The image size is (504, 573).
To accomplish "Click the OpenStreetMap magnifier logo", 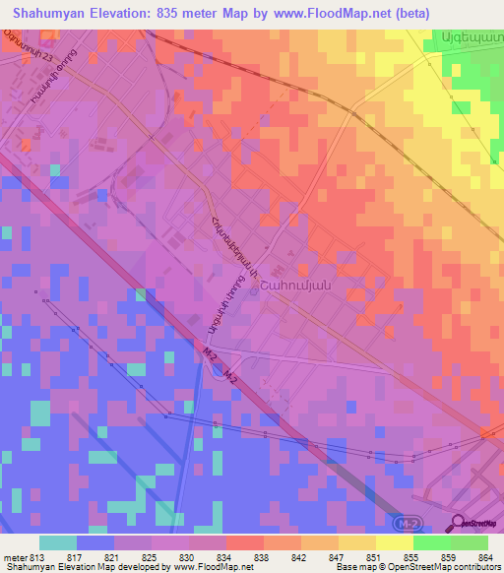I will click(x=458, y=523).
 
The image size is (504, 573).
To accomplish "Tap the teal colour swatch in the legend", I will click(x=58, y=542).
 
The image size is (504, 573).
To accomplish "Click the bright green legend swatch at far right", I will click(x=469, y=542).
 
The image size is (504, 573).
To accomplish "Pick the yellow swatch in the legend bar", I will click(x=394, y=542).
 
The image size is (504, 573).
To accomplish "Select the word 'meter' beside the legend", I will click(x=15, y=558).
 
